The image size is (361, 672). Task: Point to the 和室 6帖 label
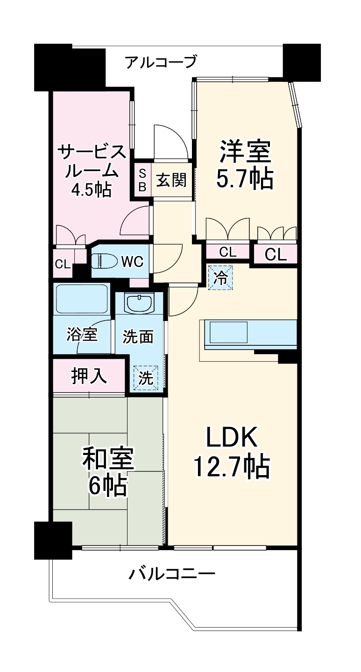pos(108,472)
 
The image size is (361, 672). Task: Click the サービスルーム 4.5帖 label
pos(92,170)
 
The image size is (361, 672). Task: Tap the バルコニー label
pos(172,573)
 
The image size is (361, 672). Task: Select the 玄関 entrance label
pos(171,180)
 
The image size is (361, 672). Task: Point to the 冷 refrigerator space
pos(220,278)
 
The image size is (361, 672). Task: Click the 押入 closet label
pos(89,376)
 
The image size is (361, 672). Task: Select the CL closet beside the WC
pos(63,264)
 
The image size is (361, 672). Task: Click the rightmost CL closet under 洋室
pos(276,254)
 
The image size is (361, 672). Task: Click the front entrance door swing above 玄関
pos(170,142)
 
